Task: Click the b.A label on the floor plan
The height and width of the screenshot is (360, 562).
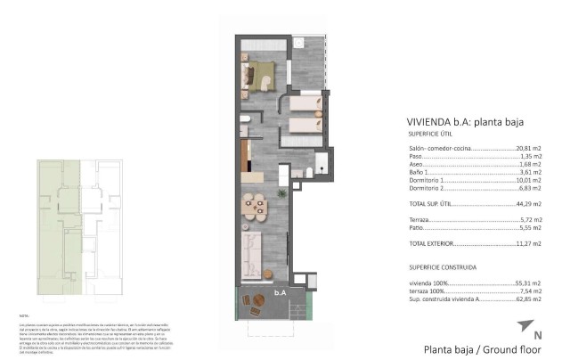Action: pos(279,291)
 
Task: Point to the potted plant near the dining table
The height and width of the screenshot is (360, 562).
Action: pos(281,191)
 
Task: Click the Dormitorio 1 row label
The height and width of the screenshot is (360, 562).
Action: pos(428,181)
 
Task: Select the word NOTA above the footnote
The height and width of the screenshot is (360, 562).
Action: pos(24,316)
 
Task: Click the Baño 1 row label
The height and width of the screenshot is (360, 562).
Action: pos(419,173)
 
